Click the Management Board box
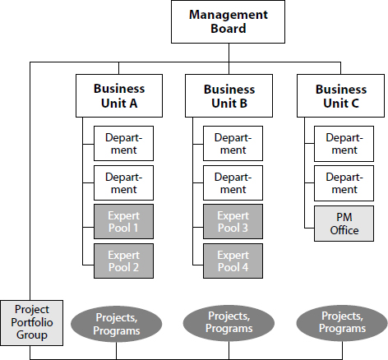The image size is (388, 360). coord(228,21)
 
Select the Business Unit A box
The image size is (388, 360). coord(119,95)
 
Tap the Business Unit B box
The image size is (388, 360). coord(229,95)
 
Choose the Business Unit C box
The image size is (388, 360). coord(340,95)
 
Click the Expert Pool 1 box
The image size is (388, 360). coord(123,221)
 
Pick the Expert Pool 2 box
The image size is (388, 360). coord(123,261)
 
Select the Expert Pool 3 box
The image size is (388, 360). coord(233,221)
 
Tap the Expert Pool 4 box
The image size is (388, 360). coord(233,261)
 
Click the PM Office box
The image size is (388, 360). coord(344,224)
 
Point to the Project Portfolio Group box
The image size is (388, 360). coord(32,323)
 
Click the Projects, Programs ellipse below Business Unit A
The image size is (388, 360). coord(117,324)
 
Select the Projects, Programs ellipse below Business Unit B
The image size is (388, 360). coord(229,322)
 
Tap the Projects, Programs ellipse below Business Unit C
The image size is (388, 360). coord(342,322)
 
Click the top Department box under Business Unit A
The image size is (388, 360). coord(123,143)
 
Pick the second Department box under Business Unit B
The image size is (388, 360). coord(233,182)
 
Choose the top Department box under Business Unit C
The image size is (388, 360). coord(344,144)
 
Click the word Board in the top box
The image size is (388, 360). coord(229,29)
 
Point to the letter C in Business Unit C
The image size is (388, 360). coord(354,104)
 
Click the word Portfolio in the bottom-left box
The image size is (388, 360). coord(32,322)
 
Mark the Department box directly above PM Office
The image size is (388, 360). coord(344,183)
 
